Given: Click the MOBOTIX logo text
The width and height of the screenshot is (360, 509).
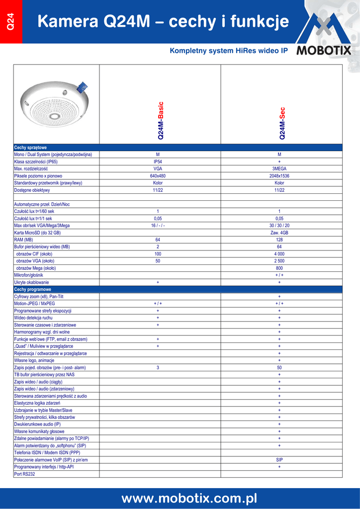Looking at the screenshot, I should pos(324,51).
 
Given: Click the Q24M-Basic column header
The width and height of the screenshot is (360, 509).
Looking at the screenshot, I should pos(160,121).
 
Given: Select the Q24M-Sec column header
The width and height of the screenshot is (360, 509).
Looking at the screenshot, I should pos(281,123).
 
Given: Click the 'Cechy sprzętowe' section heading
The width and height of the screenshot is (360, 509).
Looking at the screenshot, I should pos(31,148).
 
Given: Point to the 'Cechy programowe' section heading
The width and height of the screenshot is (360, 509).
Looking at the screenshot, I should pos(33,289).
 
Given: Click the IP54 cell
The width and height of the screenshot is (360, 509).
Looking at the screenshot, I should pos(158,162).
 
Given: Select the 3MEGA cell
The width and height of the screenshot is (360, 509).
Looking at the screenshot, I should pos(279,169).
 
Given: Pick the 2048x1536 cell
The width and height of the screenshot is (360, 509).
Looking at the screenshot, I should pos(279,176).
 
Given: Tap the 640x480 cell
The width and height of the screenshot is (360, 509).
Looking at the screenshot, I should pos(158,176).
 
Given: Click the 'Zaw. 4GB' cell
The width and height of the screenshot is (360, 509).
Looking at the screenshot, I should pos(279,233).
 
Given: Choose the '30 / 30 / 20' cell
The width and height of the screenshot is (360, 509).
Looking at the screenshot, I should pos(279,225).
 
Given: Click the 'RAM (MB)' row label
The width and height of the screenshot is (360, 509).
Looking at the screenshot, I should pos(23,240).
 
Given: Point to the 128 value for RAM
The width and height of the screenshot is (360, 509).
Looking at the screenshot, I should pos(279,240).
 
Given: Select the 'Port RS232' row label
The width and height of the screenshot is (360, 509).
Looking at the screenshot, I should pos(25,474).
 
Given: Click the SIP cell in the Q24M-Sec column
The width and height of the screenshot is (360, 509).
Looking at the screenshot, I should pos(279,460).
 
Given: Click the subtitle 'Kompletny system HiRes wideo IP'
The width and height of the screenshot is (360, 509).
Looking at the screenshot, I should pos(229,51).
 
